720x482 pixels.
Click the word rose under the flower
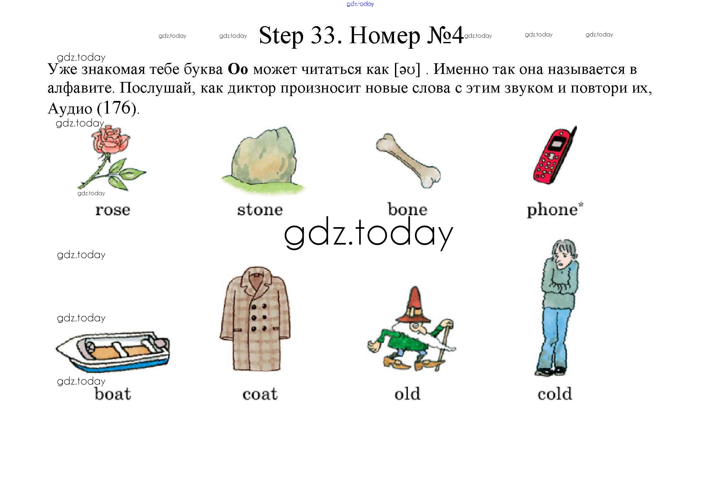pyautogui.click(x=113, y=210)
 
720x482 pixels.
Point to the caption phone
pyautogui.click(x=552, y=210)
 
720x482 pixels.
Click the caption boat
pyautogui.click(x=113, y=394)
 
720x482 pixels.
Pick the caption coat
pyautogui.click(x=260, y=394)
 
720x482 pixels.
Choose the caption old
pyautogui.click(x=408, y=394)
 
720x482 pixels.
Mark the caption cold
pyautogui.click(x=555, y=394)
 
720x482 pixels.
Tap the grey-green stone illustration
pyautogui.click(x=263, y=160)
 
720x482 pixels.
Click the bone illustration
pyautogui.click(x=408, y=160)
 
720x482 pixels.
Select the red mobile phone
pyautogui.click(x=555, y=155)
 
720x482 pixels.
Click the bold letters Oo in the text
pyautogui.click(x=238, y=69)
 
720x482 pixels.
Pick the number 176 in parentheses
pyautogui.click(x=117, y=108)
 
